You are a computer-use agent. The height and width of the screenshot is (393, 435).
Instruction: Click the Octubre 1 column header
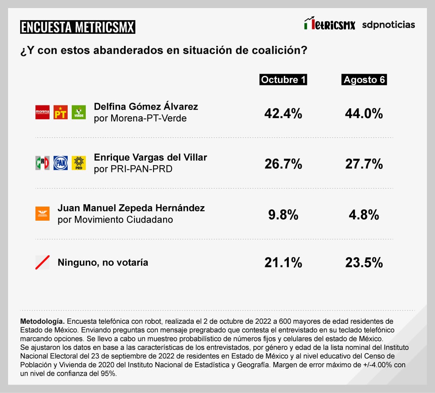click(283, 80)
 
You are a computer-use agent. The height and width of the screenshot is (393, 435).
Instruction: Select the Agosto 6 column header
click(364, 80)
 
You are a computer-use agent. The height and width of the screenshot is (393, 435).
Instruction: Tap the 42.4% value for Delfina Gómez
click(283, 114)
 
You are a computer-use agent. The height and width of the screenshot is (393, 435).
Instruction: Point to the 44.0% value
click(364, 114)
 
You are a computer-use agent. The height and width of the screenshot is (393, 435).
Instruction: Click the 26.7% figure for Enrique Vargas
click(283, 164)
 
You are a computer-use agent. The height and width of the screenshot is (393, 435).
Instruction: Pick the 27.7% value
click(364, 164)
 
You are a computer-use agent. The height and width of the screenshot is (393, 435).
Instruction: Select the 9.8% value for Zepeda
click(283, 215)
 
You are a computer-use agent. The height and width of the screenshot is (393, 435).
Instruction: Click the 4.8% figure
click(364, 215)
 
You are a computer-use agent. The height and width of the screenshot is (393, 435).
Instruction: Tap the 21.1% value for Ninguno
click(283, 263)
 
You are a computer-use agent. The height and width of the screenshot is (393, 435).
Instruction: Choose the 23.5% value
click(364, 263)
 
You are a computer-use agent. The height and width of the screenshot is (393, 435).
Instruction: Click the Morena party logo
click(42, 112)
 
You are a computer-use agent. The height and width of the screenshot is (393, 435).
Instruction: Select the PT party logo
click(60, 112)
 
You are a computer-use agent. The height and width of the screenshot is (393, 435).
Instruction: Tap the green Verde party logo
click(79, 112)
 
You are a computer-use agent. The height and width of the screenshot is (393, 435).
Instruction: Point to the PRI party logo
click(42, 163)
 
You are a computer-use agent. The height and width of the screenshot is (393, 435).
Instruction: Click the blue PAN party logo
click(60, 163)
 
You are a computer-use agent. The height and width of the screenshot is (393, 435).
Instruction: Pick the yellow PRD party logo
click(79, 163)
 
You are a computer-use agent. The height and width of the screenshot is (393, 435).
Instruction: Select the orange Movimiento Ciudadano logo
click(42, 213)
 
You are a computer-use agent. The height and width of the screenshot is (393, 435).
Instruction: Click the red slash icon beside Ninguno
click(42, 263)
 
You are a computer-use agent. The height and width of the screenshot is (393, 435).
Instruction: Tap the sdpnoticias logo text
click(388, 25)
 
